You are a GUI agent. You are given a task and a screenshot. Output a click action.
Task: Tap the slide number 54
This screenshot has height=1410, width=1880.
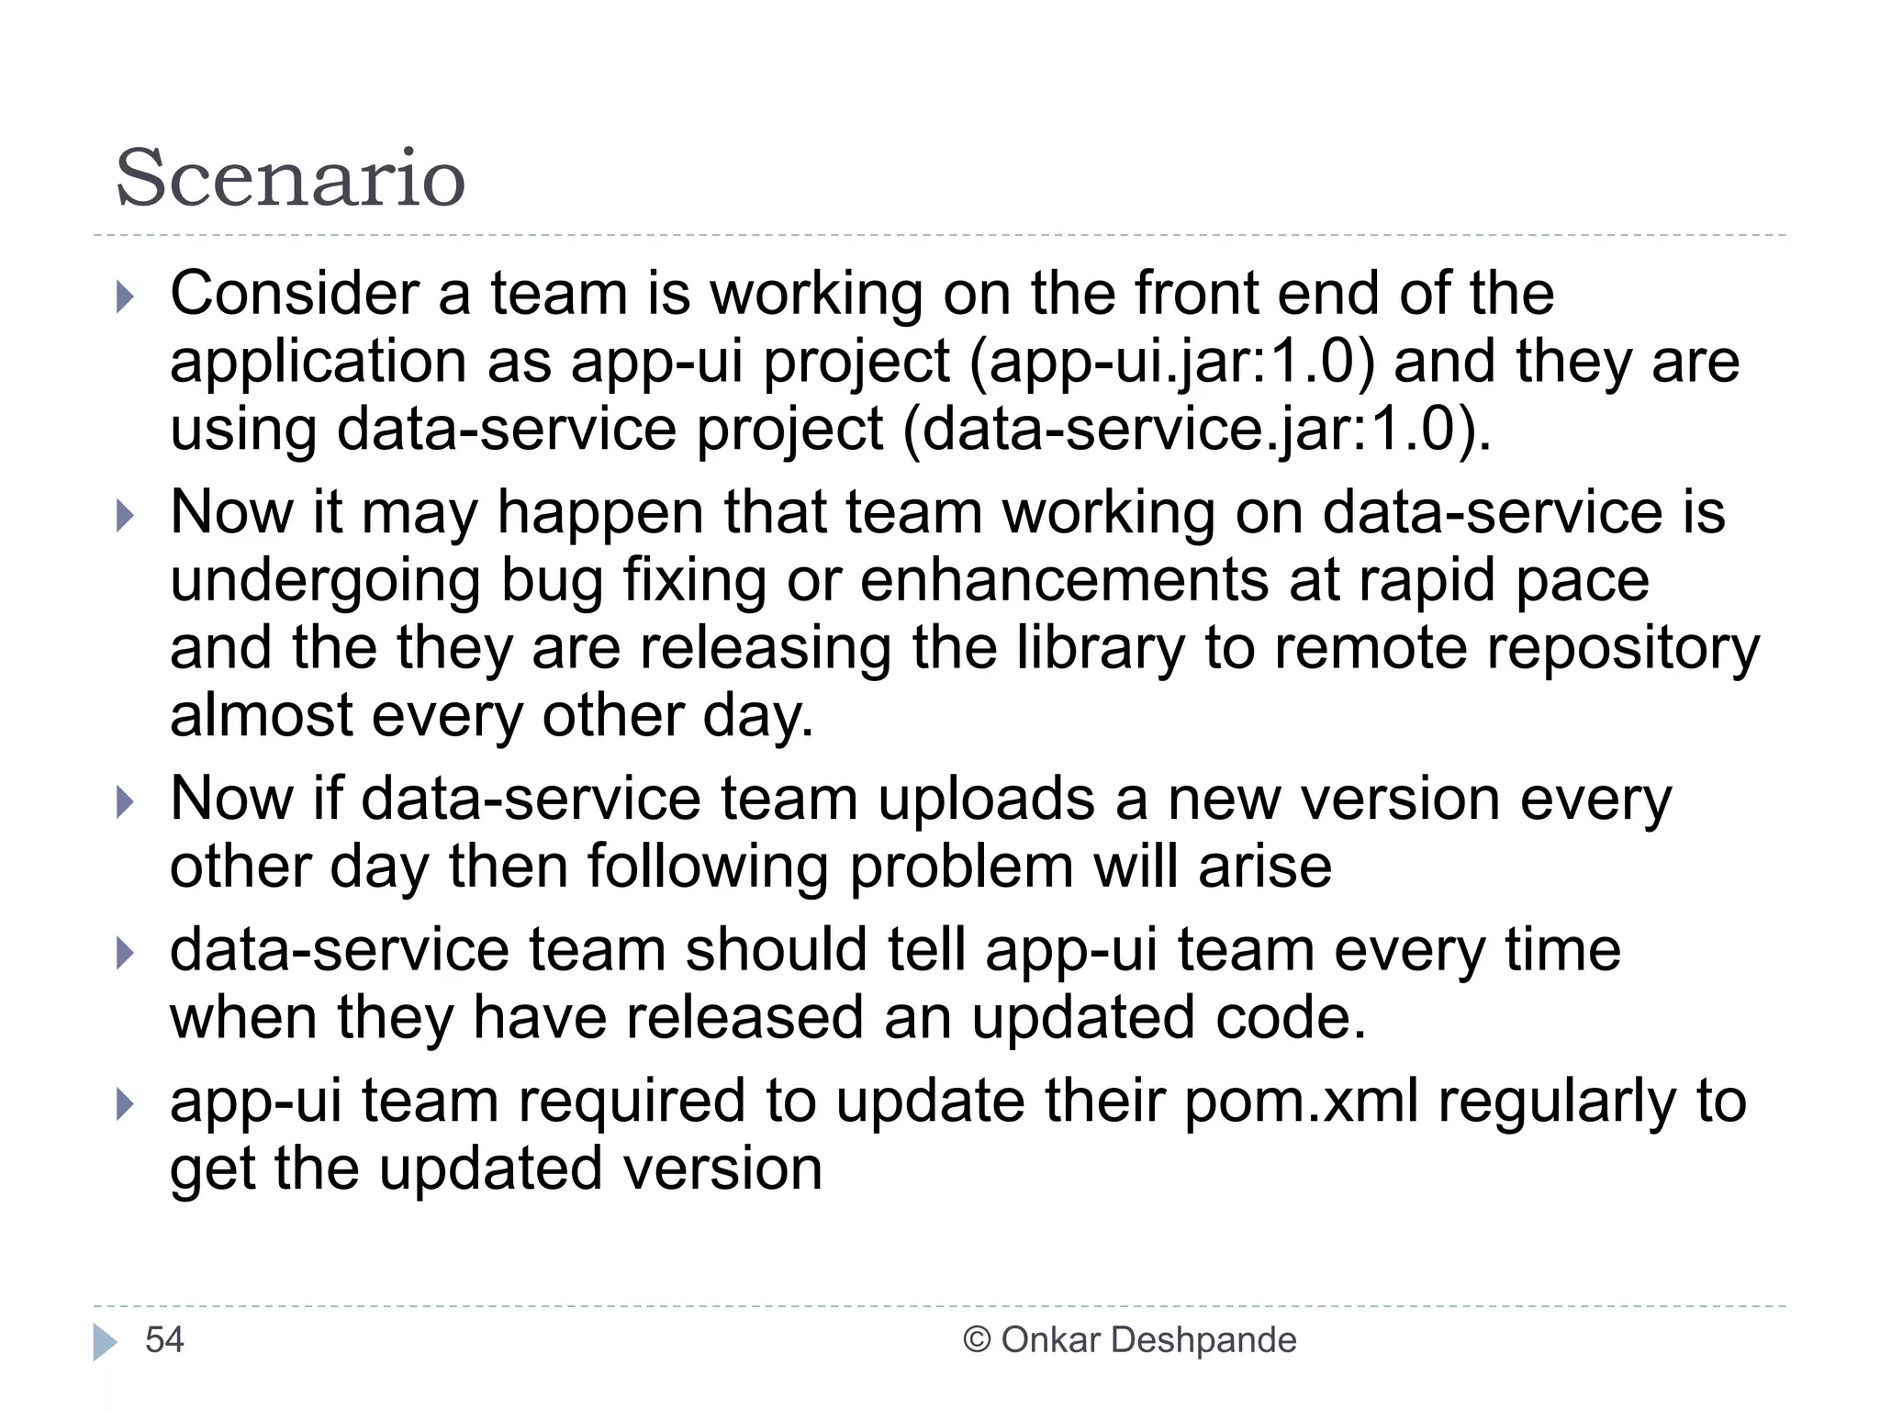pos(164,1340)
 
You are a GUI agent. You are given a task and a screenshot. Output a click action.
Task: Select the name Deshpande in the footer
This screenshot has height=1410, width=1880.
pos(1203,1340)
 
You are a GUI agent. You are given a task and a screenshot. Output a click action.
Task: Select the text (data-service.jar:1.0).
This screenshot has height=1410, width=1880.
pos(1197,429)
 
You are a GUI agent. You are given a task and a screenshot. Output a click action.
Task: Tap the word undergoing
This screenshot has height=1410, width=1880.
pos(325,581)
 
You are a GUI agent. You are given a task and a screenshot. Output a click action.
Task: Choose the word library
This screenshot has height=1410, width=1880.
pos(1101,648)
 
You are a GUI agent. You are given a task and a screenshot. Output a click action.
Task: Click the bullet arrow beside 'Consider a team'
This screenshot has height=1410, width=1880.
pos(126,297)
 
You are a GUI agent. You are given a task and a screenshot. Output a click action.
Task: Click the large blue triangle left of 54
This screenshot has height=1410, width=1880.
pos(105,1342)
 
